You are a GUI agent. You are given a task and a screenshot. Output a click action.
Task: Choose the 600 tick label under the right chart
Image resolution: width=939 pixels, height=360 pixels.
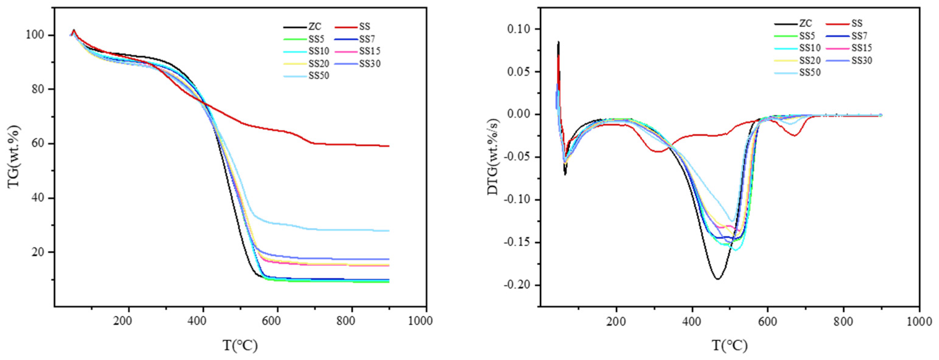pyautogui.click(x=768, y=321)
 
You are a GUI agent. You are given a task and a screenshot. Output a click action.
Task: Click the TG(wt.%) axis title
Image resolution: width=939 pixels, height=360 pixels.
pyautogui.click(x=14, y=157)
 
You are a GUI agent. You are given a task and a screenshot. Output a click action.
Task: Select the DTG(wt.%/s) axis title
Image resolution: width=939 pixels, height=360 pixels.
pyautogui.click(x=493, y=157)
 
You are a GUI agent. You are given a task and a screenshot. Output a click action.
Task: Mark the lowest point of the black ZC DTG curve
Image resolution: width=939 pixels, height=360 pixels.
pyautogui.click(x=717, y=279)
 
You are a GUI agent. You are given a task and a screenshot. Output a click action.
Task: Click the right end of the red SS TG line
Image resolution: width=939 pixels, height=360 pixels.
pyautogui.click(x=389, y=146)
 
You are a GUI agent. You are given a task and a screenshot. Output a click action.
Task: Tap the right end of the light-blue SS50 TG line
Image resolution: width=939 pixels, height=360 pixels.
pyautogui.click(x=389, y=231)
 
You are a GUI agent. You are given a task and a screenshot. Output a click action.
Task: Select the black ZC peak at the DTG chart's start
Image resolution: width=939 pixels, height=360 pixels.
pyautogui.click(x=558, y=42)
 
